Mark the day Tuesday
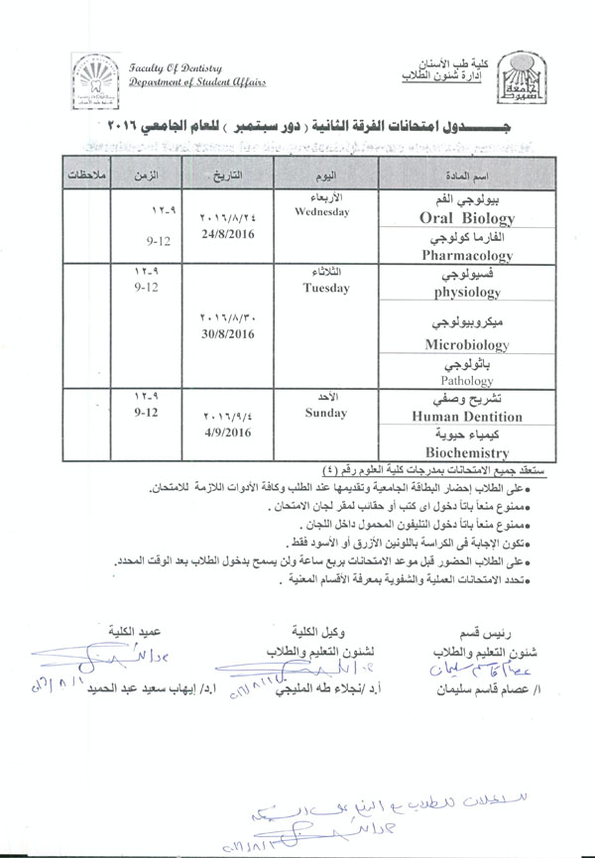coord(327,288)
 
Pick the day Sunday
coord(327,413)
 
